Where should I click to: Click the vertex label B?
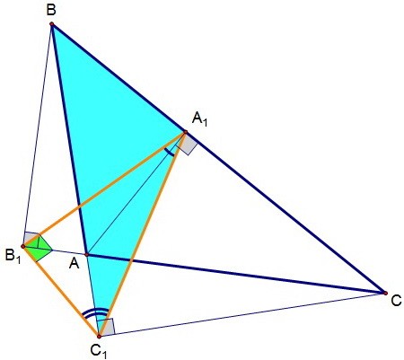tap(51, 10)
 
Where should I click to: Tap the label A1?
tap(199, 119)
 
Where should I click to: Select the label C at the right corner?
tap(396, 301)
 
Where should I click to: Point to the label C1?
tap(99, 351)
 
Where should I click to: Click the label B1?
tap(13, 257)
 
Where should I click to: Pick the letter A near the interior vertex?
tap(75, 264)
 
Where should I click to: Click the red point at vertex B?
tap(51, 23)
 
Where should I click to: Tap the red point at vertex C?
tap(385, 293)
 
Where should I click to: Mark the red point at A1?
tap(185, 132)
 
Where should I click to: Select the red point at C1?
tap(99, 337)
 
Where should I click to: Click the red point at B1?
tap(22, 246)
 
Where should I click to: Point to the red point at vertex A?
tap(86, 255)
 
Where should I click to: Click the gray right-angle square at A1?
tap(187, 145)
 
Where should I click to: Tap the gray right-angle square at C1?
tap(106, 328)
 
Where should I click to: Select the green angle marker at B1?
tap(39, 248)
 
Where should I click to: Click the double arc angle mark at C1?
tap(95, 312)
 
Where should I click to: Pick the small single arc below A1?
tap(170, 154)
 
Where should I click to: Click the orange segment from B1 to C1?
tap(61, 291)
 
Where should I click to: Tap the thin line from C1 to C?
tap(242, 314)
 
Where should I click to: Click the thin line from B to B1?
tap(37, 135)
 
